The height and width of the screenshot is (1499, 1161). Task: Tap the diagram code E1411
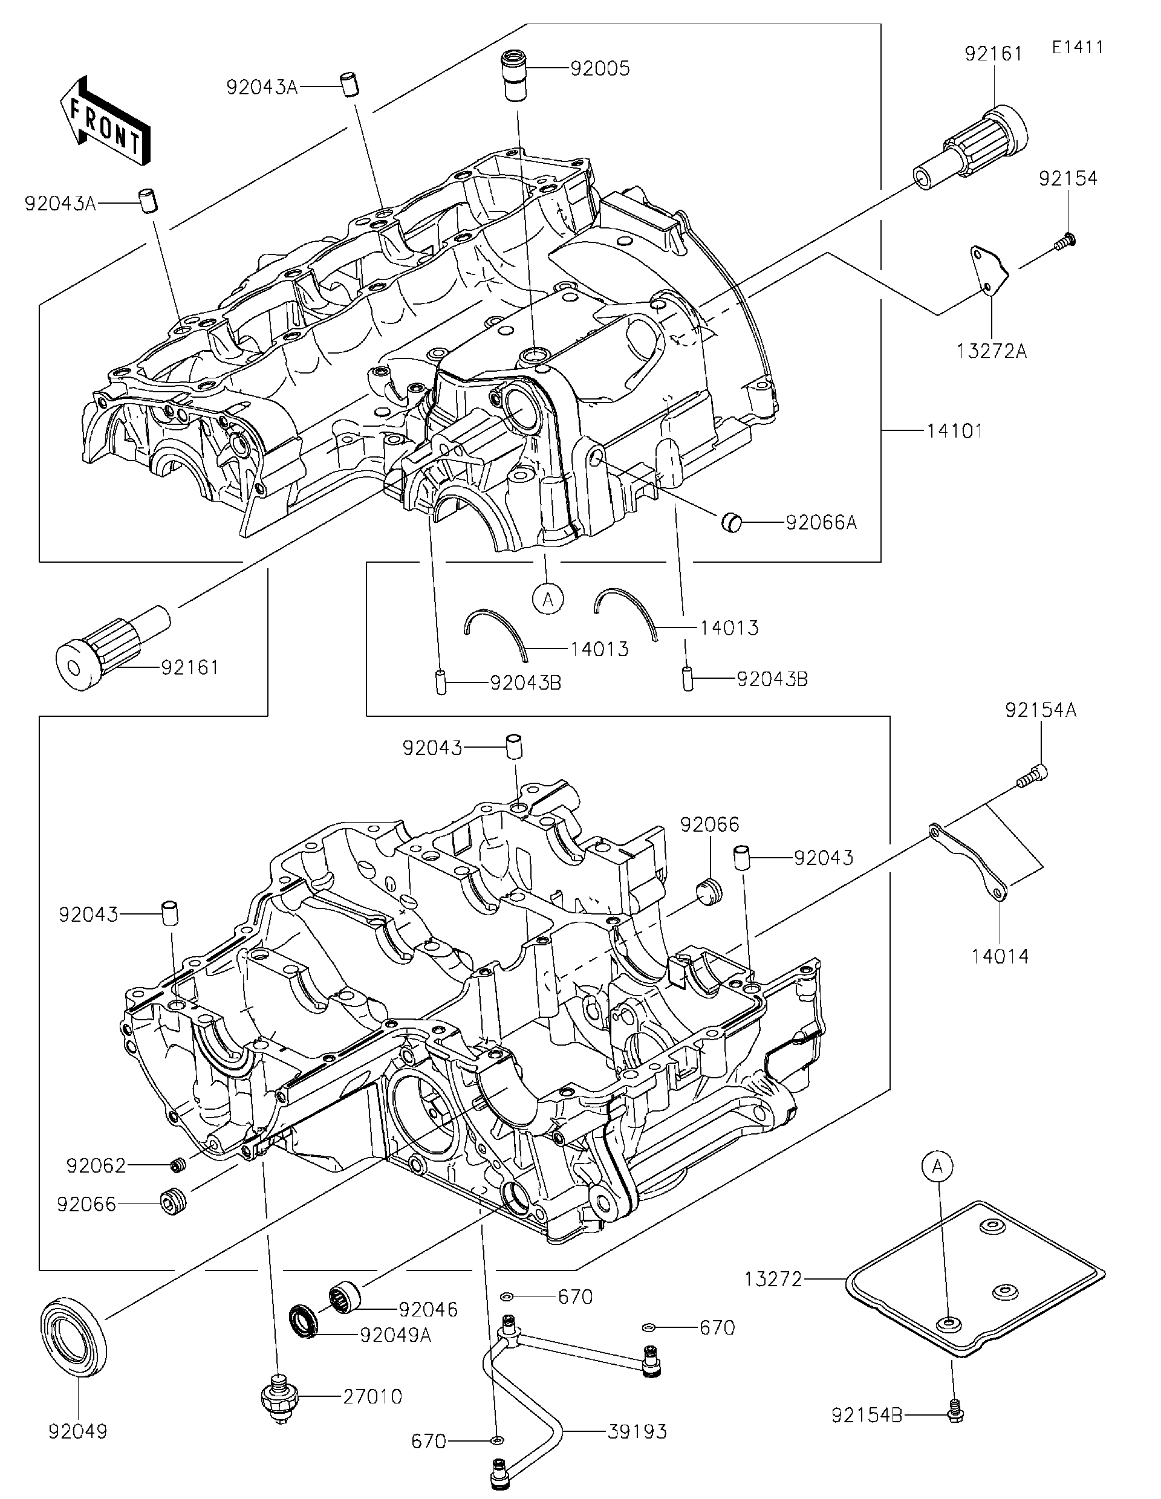point(1078,47)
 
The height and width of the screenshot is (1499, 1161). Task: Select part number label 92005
point(599,69)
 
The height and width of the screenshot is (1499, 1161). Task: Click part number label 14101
point(954,431)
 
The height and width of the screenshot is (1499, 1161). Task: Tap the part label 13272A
point(992,351)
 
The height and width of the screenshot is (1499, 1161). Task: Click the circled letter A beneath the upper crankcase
point(547,599)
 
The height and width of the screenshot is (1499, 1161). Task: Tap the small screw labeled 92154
point(1065,240)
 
